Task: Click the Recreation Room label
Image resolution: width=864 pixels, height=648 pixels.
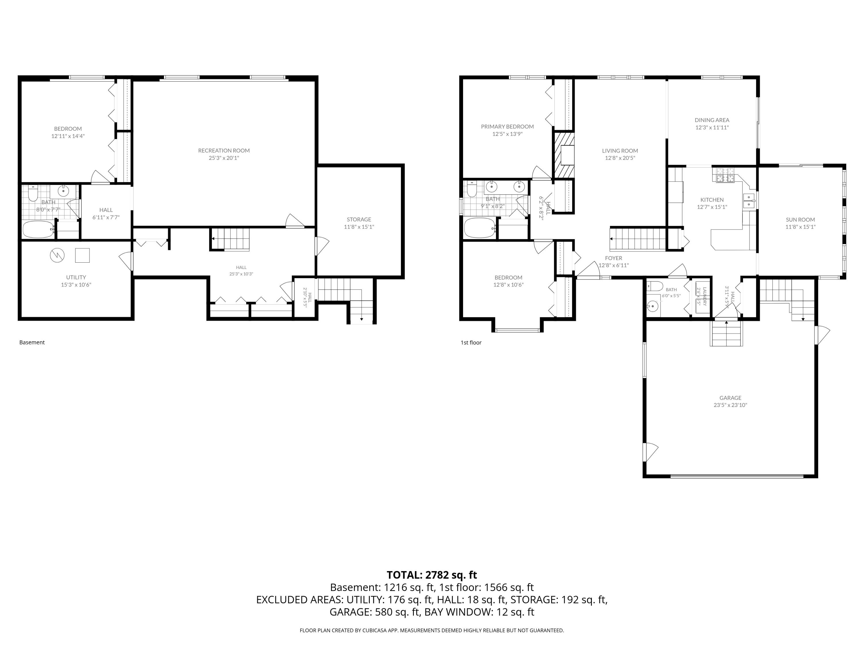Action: (x=224, y=150)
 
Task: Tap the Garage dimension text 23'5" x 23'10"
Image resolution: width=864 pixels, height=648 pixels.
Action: (x=730, y=405)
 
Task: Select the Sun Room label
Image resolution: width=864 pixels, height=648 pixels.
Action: (x=800, y=219)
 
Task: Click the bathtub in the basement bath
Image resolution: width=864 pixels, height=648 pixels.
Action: (x=38, y=229)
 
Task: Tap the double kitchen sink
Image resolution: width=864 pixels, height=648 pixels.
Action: (x=749, y=200)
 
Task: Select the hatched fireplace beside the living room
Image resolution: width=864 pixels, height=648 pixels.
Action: (x=563, y=155)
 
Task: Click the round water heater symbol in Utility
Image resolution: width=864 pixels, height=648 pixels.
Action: (x=57, y=255)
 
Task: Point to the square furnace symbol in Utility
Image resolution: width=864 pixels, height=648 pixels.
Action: (x=82, y=255)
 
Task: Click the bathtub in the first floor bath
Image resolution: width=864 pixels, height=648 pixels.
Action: (x=480, y=228)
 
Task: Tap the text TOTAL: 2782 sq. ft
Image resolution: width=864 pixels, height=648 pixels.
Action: (x=432, y=575)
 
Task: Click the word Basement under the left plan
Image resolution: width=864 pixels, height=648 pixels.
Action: (x=32, y=342)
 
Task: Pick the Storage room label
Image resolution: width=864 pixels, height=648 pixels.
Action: (x=359, y=219)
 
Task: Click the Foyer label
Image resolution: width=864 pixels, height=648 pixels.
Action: (x=614, y=258)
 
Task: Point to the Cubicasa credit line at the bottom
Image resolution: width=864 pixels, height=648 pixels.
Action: (x=432, y=630)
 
